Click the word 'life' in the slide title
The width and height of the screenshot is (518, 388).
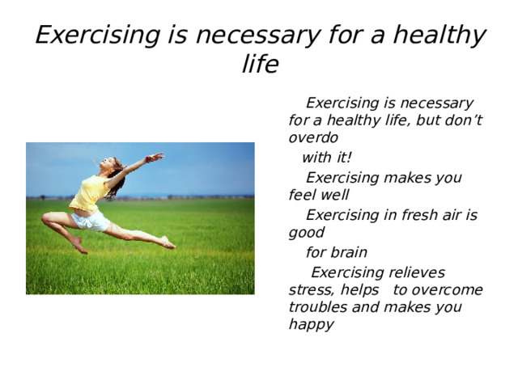click(260, 65)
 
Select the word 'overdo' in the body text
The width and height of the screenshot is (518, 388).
click(313, 137)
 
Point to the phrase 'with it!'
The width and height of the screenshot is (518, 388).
click(326, 157)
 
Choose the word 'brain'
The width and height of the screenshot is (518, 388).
click(348, 252)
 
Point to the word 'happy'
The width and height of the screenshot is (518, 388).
click(311, 325)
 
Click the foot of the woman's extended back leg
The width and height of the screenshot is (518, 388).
click(167, 242)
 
